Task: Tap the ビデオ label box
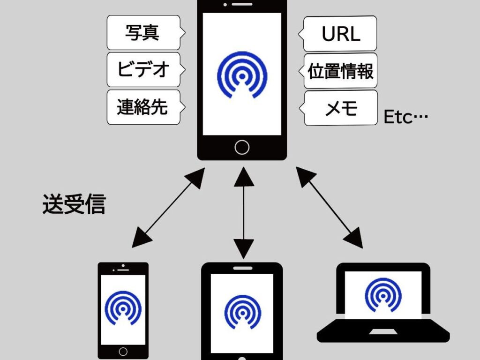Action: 143,70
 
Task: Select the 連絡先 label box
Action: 142,107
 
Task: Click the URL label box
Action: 341,34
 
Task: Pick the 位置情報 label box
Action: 341,71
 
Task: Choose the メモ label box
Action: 341,108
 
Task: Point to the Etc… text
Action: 406,117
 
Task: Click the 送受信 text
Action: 74,205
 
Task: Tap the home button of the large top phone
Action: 242,147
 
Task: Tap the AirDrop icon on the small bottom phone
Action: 123,308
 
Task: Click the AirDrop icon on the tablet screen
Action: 242,312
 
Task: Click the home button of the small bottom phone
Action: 123,351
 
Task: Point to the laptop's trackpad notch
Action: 382,331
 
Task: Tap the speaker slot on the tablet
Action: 242,268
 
